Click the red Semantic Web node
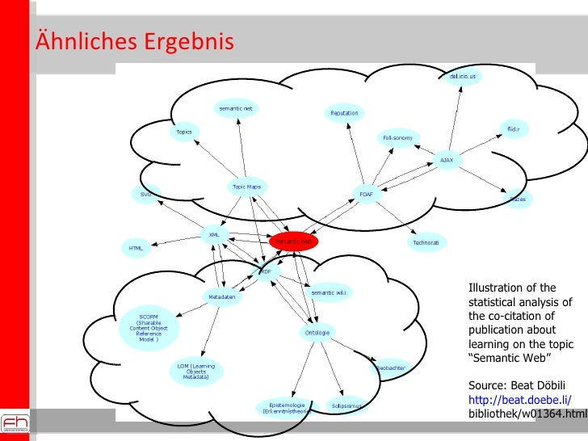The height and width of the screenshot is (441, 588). [294, 241]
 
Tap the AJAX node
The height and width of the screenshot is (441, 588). [446, 160]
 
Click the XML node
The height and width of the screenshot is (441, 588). [214, 235]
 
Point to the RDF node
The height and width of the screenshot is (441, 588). [266, 272]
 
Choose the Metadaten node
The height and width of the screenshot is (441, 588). [222, 296]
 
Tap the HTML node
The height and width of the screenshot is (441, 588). [136, 248]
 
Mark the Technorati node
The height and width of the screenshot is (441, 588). [426, 242]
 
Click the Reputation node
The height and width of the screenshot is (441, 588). [344, 114]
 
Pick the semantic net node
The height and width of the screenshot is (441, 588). [234, 108]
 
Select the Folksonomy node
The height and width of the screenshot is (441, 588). [397, 138]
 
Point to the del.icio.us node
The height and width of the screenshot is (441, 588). [463, 78]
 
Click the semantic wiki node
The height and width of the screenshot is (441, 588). [328, 292]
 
